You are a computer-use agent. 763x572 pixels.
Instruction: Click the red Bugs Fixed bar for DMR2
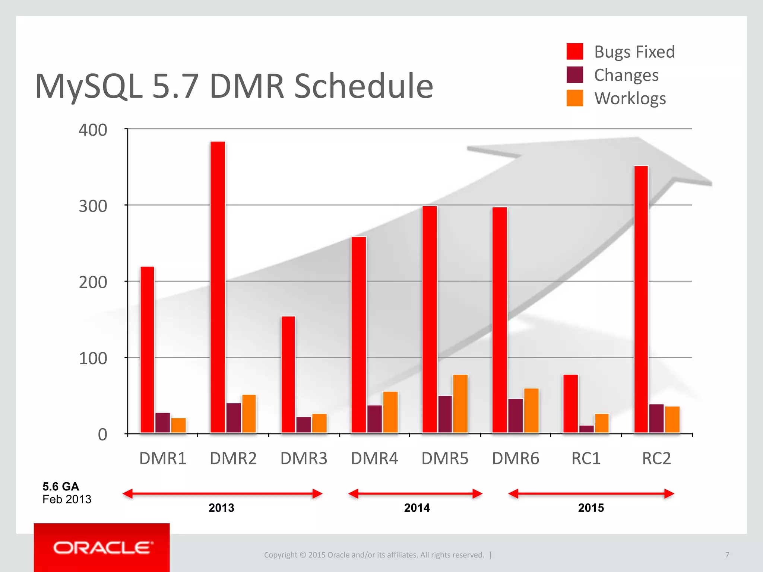[218, 287]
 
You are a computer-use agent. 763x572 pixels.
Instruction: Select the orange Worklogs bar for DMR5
[460, 404]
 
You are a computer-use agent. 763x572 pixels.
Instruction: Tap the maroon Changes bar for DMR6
[516, 416]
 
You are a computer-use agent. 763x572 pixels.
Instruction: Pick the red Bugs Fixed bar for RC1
[570, 404]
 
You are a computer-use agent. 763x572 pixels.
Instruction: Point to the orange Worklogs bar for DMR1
[178, 425]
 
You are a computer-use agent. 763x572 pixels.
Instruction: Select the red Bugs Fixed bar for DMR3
[288, 374]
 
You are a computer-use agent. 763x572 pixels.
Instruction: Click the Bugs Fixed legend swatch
[574, 51]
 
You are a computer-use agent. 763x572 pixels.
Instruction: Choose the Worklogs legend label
[630, 99]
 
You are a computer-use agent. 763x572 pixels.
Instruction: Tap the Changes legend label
[626, 75]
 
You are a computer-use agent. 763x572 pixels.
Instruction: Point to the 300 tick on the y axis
[93, 206]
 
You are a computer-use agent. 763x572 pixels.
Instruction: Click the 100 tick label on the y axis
[93, 358]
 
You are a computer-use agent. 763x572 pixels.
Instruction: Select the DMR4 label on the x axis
[374, 458]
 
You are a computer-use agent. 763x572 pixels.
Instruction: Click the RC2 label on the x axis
[656, 458]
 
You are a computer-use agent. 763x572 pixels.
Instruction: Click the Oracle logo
[102, 547]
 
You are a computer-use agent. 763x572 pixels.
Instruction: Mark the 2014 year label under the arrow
[417, 508]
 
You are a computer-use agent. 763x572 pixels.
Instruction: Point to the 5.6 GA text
[61, 486]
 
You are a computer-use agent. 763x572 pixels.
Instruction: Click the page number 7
[727, 555]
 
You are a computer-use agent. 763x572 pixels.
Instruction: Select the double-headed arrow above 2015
[591, 494]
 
